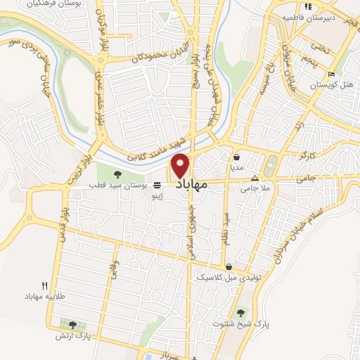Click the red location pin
[x=181, y=165]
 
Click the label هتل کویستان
[x=333, y=84]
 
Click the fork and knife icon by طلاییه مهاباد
[x=44, y=285]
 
